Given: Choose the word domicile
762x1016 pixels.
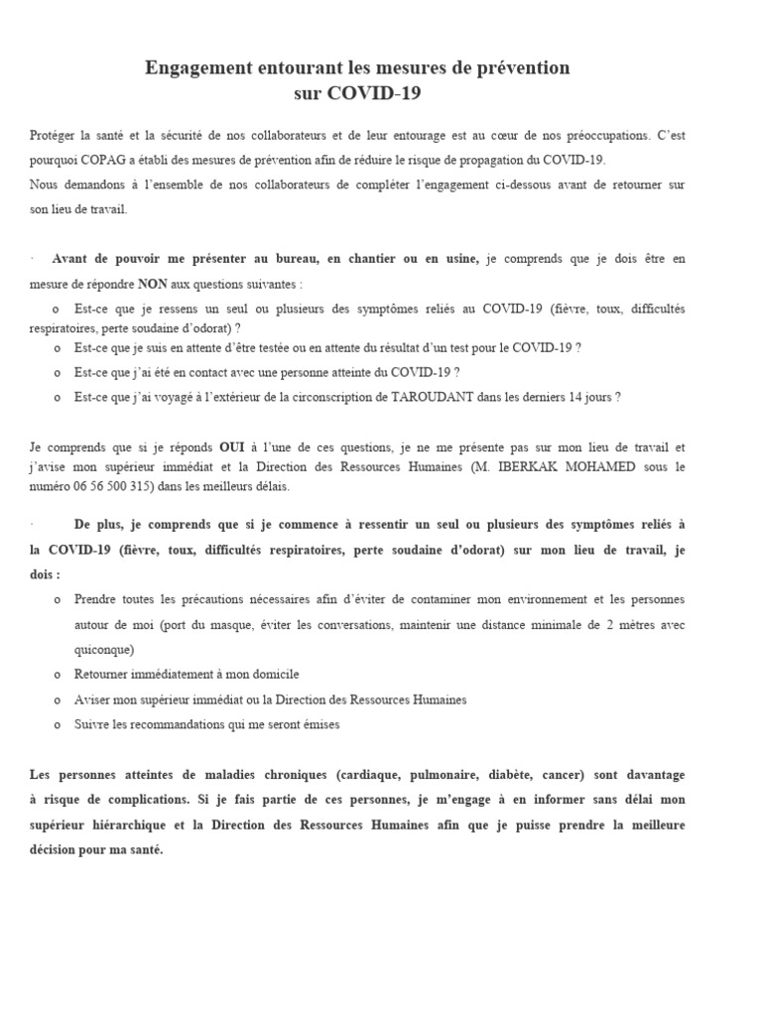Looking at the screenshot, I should pos(271,674).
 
